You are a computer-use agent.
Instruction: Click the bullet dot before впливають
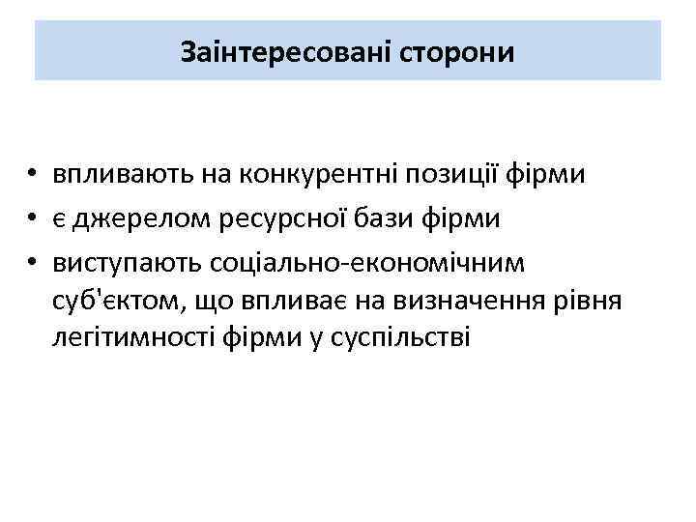coord(33,176)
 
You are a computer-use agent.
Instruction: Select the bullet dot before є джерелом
coord(33,219)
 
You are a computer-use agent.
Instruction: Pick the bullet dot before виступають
coord(33,263)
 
